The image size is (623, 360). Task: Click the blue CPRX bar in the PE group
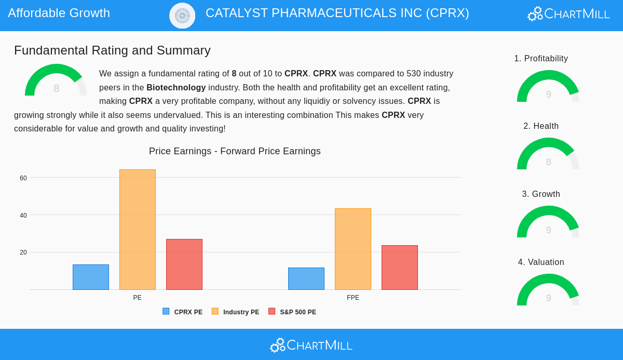point(91,277)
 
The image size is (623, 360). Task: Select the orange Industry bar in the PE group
point(138,230)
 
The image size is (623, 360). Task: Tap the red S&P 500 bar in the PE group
point(184,264)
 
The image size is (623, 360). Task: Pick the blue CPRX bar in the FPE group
point(306,278)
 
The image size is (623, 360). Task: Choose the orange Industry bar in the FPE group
point(353,249)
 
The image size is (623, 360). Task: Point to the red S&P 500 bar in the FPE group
point(400,268)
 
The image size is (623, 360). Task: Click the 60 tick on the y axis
point(23,178)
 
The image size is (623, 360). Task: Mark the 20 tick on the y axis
point(23,252)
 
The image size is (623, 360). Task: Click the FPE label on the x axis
point(353,298)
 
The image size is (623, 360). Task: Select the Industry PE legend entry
point(236,312)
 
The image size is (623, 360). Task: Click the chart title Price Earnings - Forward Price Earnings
point(235,151)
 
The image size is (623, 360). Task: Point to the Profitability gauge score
point(548,94)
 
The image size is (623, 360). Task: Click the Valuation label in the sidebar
point(541,262)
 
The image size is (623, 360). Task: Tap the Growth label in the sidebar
point(541,194)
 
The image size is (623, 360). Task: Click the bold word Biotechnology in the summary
point(176,87)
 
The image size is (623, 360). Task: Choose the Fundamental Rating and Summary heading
point(112,50)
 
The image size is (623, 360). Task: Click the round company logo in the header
point(182,16)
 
